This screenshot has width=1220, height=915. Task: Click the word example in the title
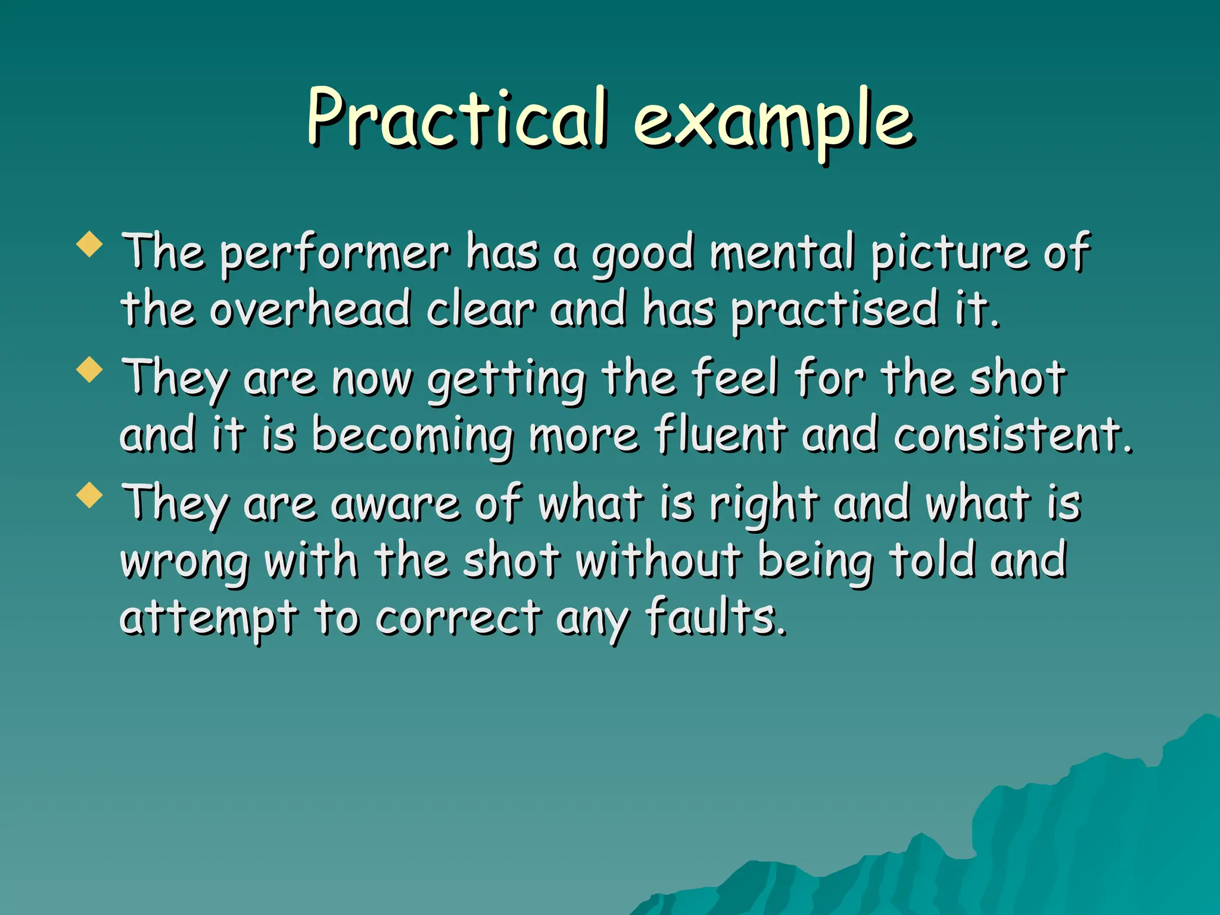[x=773, y=122]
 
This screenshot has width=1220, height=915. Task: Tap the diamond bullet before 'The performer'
[x=90, y=244]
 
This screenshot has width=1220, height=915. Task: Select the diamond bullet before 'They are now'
[x=90, y=369]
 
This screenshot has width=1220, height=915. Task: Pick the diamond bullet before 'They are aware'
[x=90, y=495]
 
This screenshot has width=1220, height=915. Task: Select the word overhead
[x=310, y=309]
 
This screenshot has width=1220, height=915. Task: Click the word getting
[x=506, y=380]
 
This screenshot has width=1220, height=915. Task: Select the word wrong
[x=185, y=563]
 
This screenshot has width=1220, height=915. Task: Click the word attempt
[x=208, y=618]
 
